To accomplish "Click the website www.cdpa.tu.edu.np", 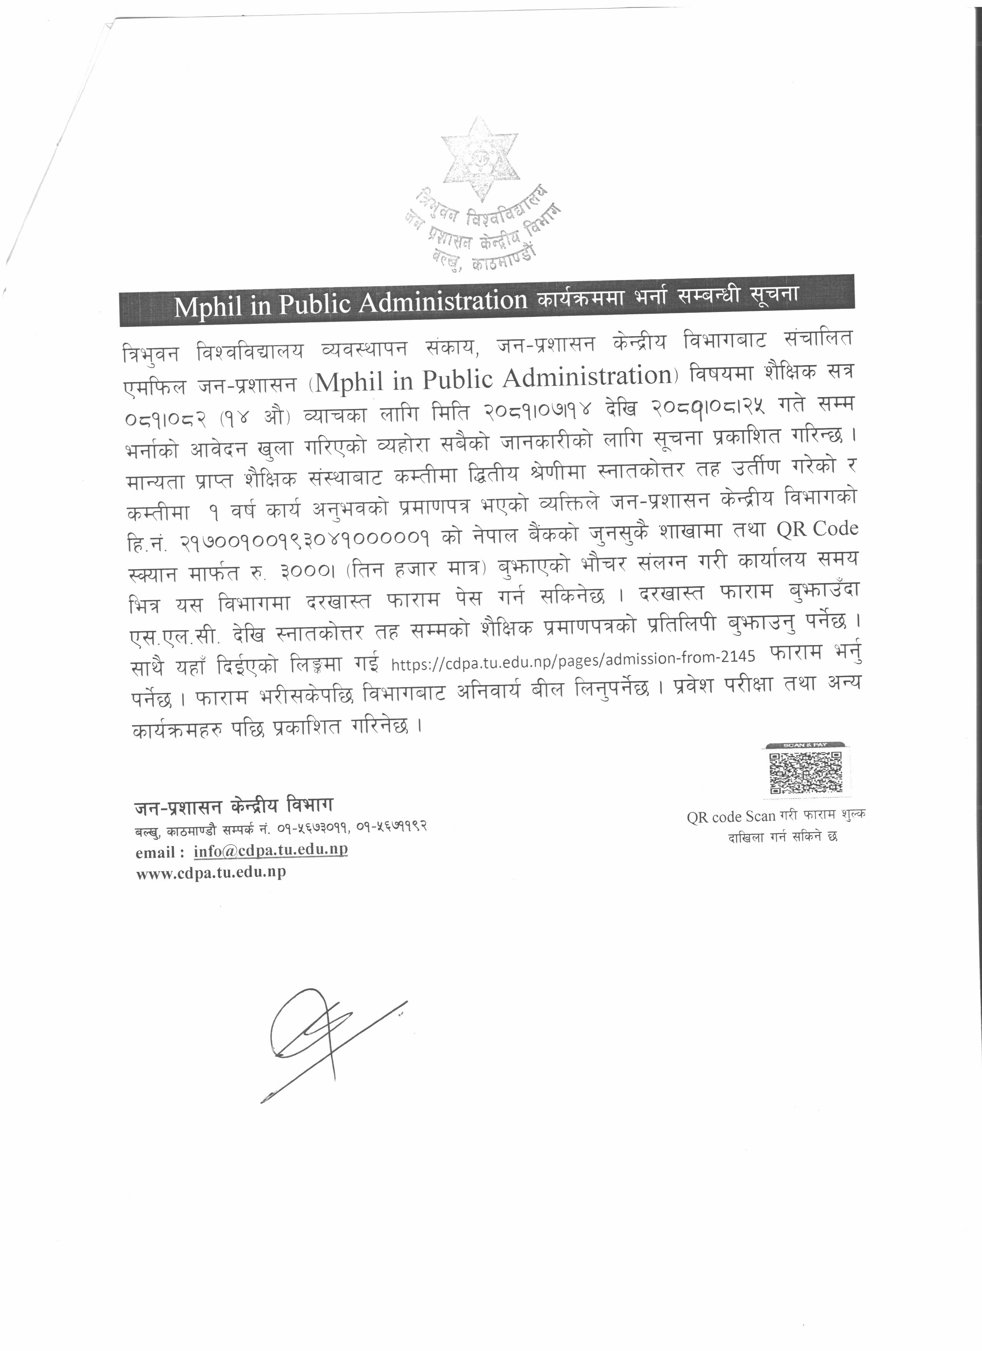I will tap(210, 872).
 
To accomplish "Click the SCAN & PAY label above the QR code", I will tap(804, 745).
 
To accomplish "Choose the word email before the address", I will tap(155, 852).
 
